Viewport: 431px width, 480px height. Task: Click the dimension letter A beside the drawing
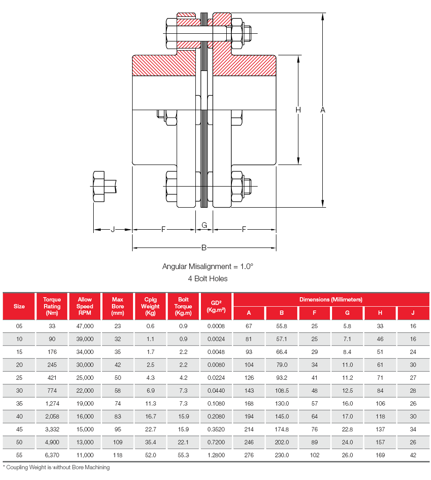[322, 110]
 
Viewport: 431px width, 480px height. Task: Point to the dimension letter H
[298, 110]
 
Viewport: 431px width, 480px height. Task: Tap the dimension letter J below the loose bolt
[112, 229]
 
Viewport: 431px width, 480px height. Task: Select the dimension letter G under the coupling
[204, 225]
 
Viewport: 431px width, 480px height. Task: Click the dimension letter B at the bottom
[204, 247]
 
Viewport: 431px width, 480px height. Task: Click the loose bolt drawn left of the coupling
[104, 187]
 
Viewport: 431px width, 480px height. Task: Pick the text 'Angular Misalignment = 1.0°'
[208, 266]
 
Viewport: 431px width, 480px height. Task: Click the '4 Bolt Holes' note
[208, 278]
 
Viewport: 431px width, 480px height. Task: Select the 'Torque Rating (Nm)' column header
[52, 306]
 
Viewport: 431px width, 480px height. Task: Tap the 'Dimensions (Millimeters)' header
[331, 300]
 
